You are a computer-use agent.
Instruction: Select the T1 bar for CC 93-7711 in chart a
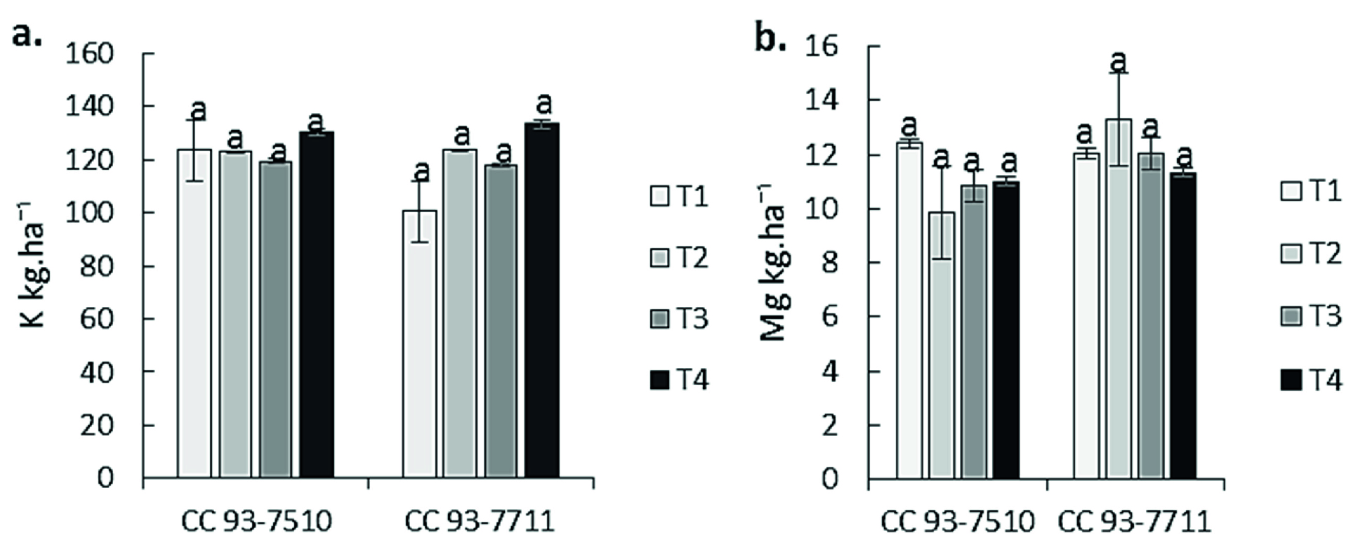[419, 344]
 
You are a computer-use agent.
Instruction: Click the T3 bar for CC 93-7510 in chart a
[276, 320]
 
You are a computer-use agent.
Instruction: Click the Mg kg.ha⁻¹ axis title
[774, 263]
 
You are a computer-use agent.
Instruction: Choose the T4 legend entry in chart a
[679, 381]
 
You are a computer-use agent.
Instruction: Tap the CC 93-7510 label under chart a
[256, 521]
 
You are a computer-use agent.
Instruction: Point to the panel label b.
[771, 37]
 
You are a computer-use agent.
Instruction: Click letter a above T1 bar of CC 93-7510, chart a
[199, 110]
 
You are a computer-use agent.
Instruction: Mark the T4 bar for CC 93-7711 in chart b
[1183, 326]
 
